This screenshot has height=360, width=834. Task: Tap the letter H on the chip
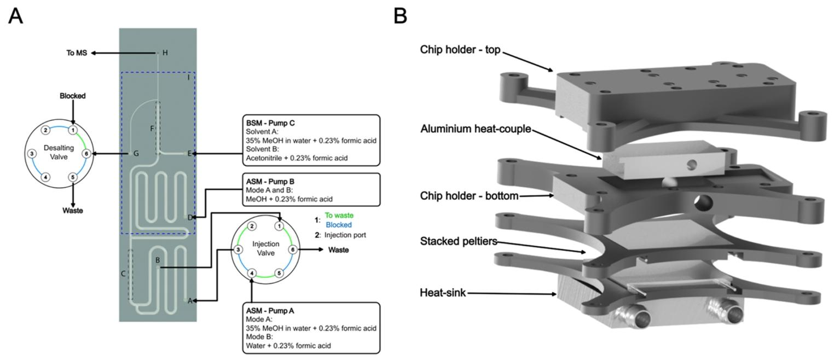165,53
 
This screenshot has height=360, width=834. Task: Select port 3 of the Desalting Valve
32,154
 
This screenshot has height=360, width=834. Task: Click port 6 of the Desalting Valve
86,154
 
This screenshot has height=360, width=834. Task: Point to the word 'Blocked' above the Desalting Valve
73,96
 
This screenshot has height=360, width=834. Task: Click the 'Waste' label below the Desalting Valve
72,211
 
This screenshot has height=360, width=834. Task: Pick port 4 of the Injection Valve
252,273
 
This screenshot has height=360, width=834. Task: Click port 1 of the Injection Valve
279,226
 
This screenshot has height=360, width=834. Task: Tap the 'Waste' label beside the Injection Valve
338,250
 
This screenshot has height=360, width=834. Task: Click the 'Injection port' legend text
345,235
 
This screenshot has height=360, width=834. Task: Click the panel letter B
401,16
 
